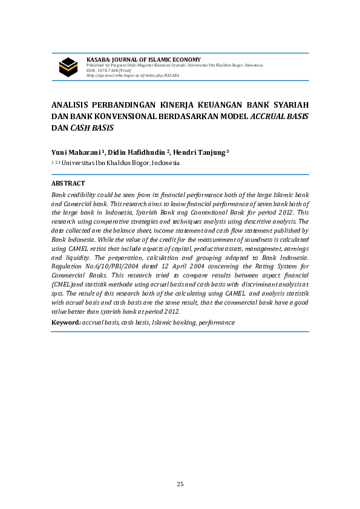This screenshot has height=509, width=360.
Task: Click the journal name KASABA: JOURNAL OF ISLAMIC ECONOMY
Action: pyautogui.click(x=144, y=59)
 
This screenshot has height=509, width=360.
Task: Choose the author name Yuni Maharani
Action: pyautogui.click(x=77, y=152)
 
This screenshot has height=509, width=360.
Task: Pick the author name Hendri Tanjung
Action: pyautogui.click(x=199, y=152)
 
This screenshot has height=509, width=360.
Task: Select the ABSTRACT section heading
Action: pyautogui.click(x=68, y=183)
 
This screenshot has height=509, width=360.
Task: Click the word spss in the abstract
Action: pyautogui.click(x=57, y=292)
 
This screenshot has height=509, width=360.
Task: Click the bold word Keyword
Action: pyautogui.click(x=65, y=323)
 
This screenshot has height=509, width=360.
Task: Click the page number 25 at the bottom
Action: pyautogui.click(x=180, y=484)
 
